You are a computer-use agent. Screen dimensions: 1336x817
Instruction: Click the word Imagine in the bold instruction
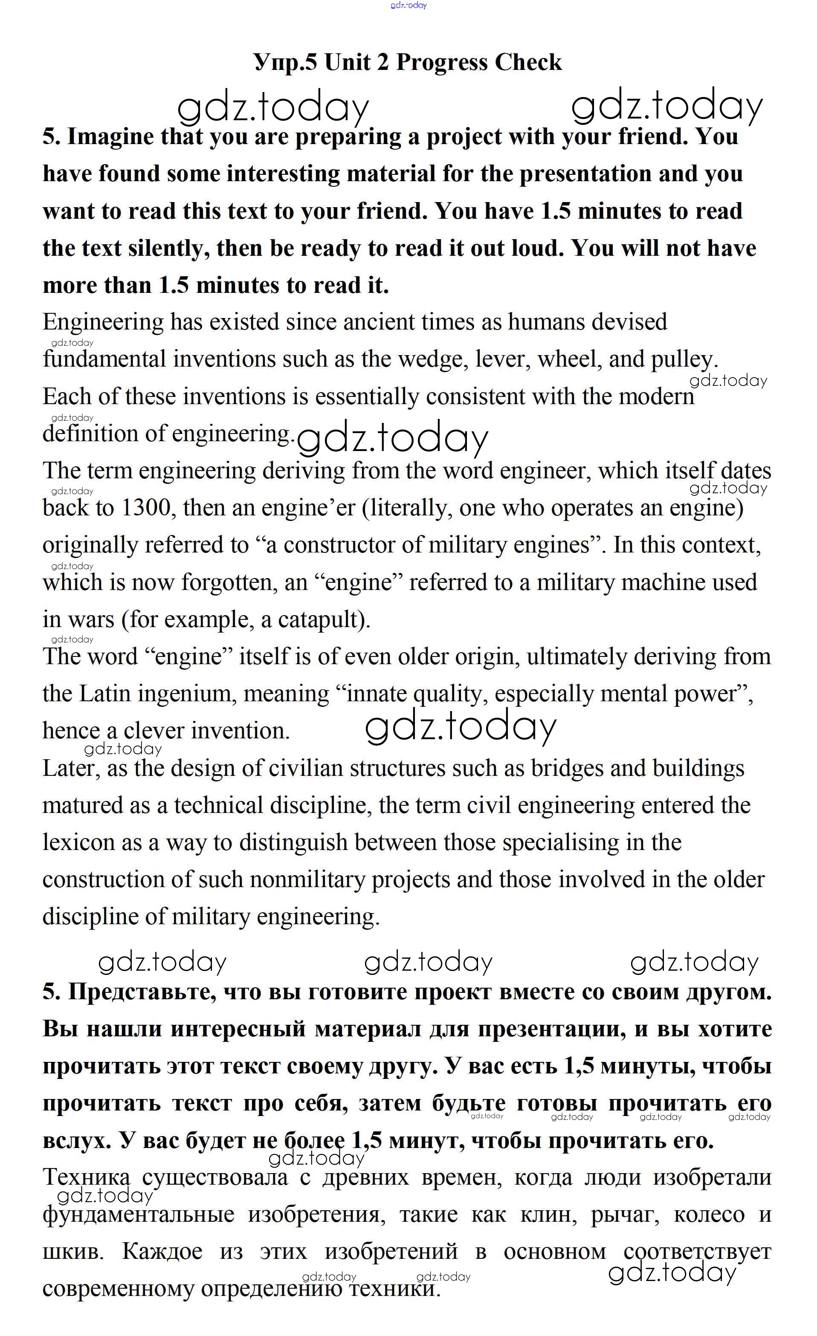coord(110,137)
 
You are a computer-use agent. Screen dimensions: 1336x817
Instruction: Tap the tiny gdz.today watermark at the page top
coord(408,6)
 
